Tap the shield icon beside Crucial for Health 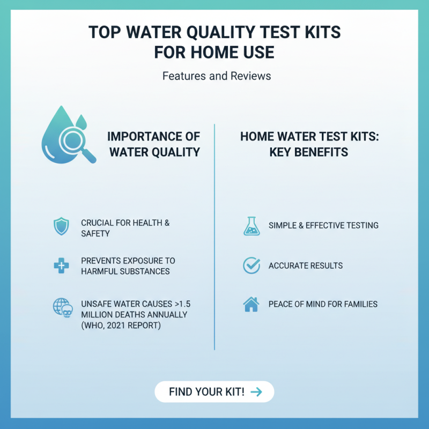pos(61,227)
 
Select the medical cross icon pos(61,265)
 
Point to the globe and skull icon pos(62,308)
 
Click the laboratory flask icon pos(251,226)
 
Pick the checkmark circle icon pos(251,265)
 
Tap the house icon pos(251,304)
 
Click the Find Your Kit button pos(214,391)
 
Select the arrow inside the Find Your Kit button pos(256,392)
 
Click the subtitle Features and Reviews pos(217,76)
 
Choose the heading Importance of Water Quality pos(154,144)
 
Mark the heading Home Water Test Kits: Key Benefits pos(309,144)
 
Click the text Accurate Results pos(306,265)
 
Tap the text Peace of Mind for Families pos(323,304)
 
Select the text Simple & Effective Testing pos(323,226)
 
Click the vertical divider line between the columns pos(214,236)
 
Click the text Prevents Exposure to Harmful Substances pos(128,265)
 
